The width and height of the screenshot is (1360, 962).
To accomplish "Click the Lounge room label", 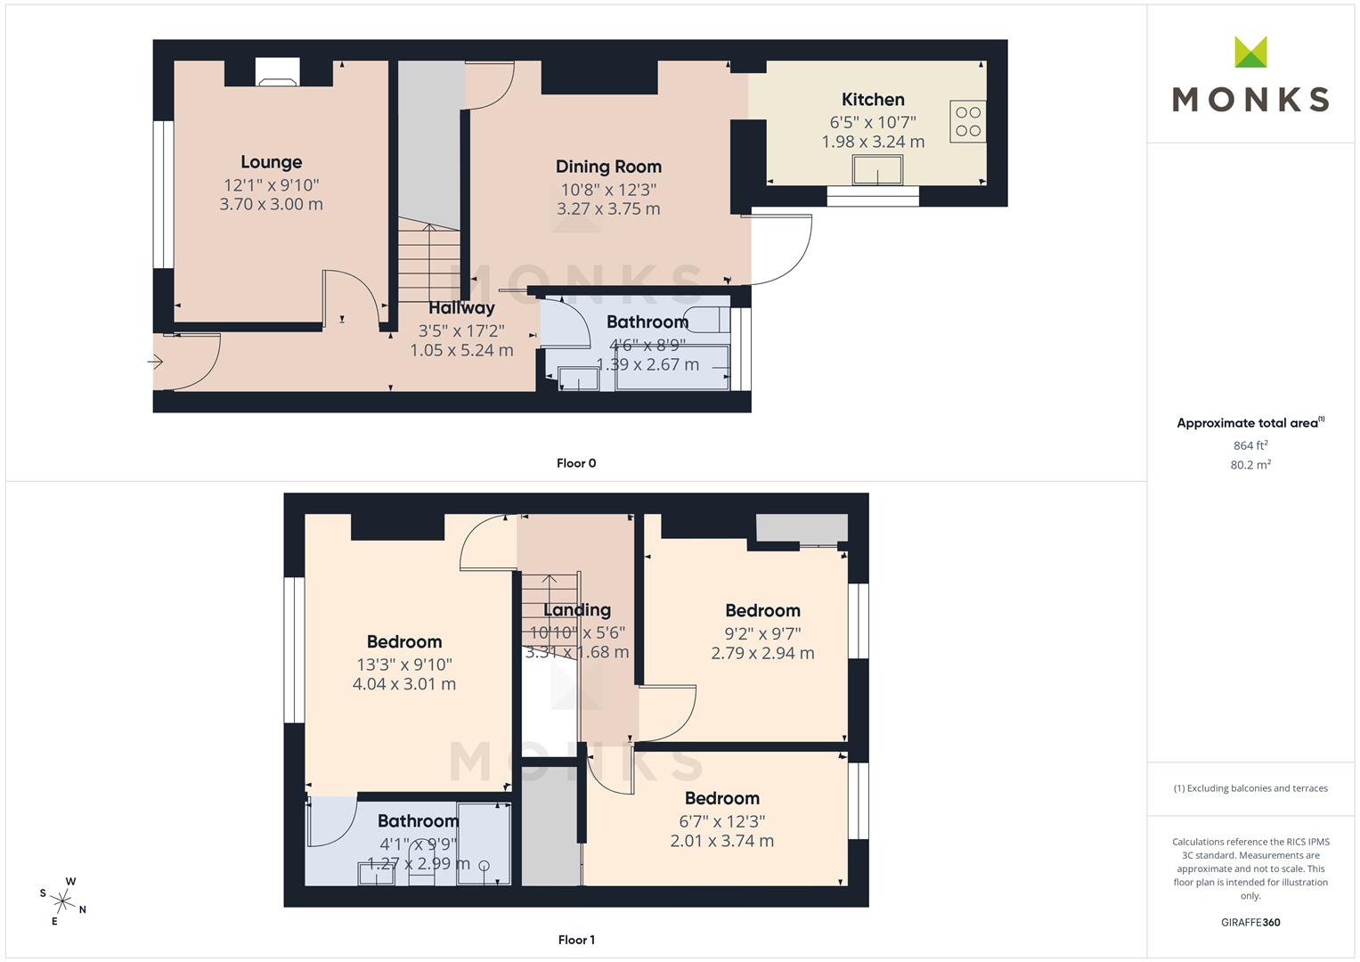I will coord(271,162).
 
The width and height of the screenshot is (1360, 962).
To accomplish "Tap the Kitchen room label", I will coord(873,100).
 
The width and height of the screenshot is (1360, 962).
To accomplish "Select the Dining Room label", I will coord(608,167).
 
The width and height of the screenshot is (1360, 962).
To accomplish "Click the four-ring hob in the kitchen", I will coord(968,122).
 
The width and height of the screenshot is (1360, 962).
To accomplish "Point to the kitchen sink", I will coord(877,169).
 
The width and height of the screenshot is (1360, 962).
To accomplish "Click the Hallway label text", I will coord(461,308).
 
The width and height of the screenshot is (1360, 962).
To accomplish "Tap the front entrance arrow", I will coord(156,362).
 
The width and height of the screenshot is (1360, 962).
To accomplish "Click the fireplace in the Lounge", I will coord(278,72).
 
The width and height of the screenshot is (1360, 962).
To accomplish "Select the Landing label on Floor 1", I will coord(577,610).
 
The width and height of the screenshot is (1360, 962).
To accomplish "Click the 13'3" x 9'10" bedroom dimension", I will coord(404,664).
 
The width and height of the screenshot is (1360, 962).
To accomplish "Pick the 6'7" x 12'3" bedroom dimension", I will coord(721,821).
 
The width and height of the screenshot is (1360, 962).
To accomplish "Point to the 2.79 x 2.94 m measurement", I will coord(762,653).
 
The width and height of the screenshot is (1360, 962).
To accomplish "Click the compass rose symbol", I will coord(62,900).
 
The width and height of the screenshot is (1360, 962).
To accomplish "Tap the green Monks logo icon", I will coord(1250,52).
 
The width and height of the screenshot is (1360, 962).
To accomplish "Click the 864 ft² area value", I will coord(1250,445).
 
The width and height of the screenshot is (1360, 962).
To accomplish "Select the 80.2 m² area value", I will coord(1250,465).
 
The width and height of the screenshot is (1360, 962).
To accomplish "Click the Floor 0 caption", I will coord(576,463).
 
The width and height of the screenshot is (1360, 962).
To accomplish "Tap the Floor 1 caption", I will coord(576,940).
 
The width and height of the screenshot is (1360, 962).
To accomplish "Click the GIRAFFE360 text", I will coord(1250,923).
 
